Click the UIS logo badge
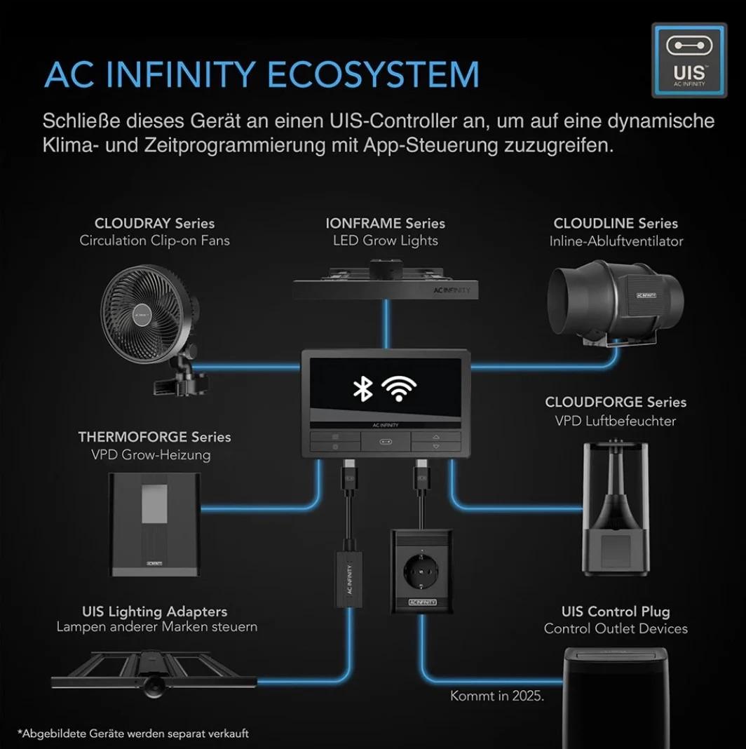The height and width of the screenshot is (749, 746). [689, 61]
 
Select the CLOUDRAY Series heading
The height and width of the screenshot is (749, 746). [154, 223]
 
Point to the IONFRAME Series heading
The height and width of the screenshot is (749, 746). [386, 223]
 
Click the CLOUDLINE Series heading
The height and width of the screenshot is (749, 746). [616, 223]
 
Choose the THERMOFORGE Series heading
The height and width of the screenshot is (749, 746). [154, 437]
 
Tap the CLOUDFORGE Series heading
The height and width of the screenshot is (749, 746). [616, 403]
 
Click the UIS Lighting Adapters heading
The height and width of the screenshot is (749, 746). [154, 612]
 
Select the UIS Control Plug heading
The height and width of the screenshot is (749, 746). [616, 612]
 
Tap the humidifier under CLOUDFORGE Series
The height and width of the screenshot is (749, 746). [616, 509]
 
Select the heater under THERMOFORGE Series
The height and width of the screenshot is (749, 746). [155, 525]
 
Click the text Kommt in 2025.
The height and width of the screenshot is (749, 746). [497, 696]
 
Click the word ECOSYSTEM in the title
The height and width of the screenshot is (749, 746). [373, 74]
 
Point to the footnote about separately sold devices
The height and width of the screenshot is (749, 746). [133, 734]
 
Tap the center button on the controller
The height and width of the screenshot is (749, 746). [386, 441]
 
